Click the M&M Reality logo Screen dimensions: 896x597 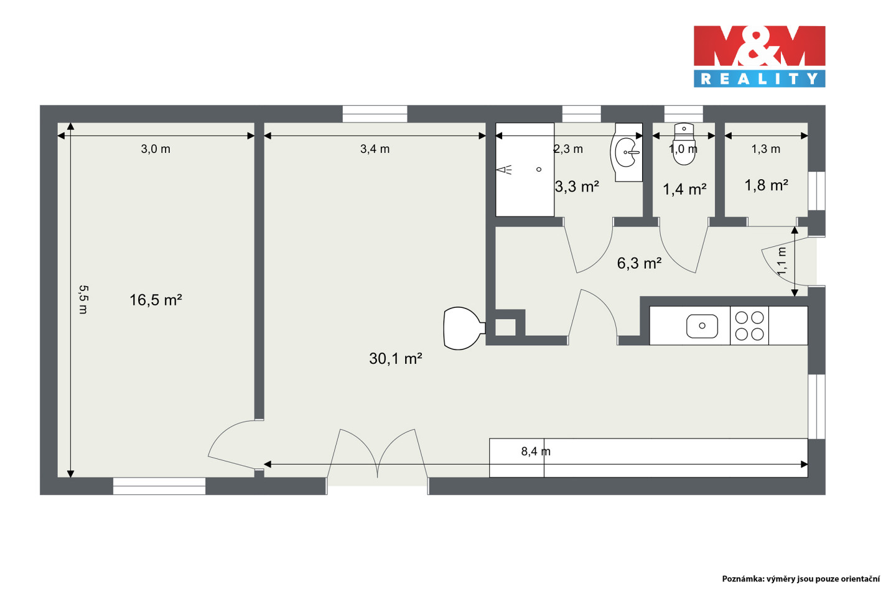(x=759, y=57)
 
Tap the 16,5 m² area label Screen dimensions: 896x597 (x=156, y=300)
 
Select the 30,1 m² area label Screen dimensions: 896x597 (x=396, y=359)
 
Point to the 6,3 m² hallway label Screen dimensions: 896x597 (x=639, y=263)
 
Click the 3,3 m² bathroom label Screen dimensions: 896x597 (x=577, y=187)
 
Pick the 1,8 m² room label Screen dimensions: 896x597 (x=766, y=185)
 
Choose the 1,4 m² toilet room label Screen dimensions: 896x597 (x=684, y=189)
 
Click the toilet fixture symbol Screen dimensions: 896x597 (x=684, y=144)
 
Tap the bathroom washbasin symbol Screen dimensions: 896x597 (x=627, y=152)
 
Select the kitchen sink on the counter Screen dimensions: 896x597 (x=702, y=326)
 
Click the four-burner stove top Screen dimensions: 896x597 (x=749, y=326)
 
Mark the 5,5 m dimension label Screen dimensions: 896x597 (x=83, y=300)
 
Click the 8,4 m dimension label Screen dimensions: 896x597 (x=536, y=451)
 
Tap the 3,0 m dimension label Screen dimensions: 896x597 (x=156, y=149)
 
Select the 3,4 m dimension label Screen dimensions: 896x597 (x=375, y=149)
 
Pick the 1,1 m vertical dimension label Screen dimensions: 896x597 (x=782, y=261)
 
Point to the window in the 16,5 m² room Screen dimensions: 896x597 (x=159, y=486)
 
